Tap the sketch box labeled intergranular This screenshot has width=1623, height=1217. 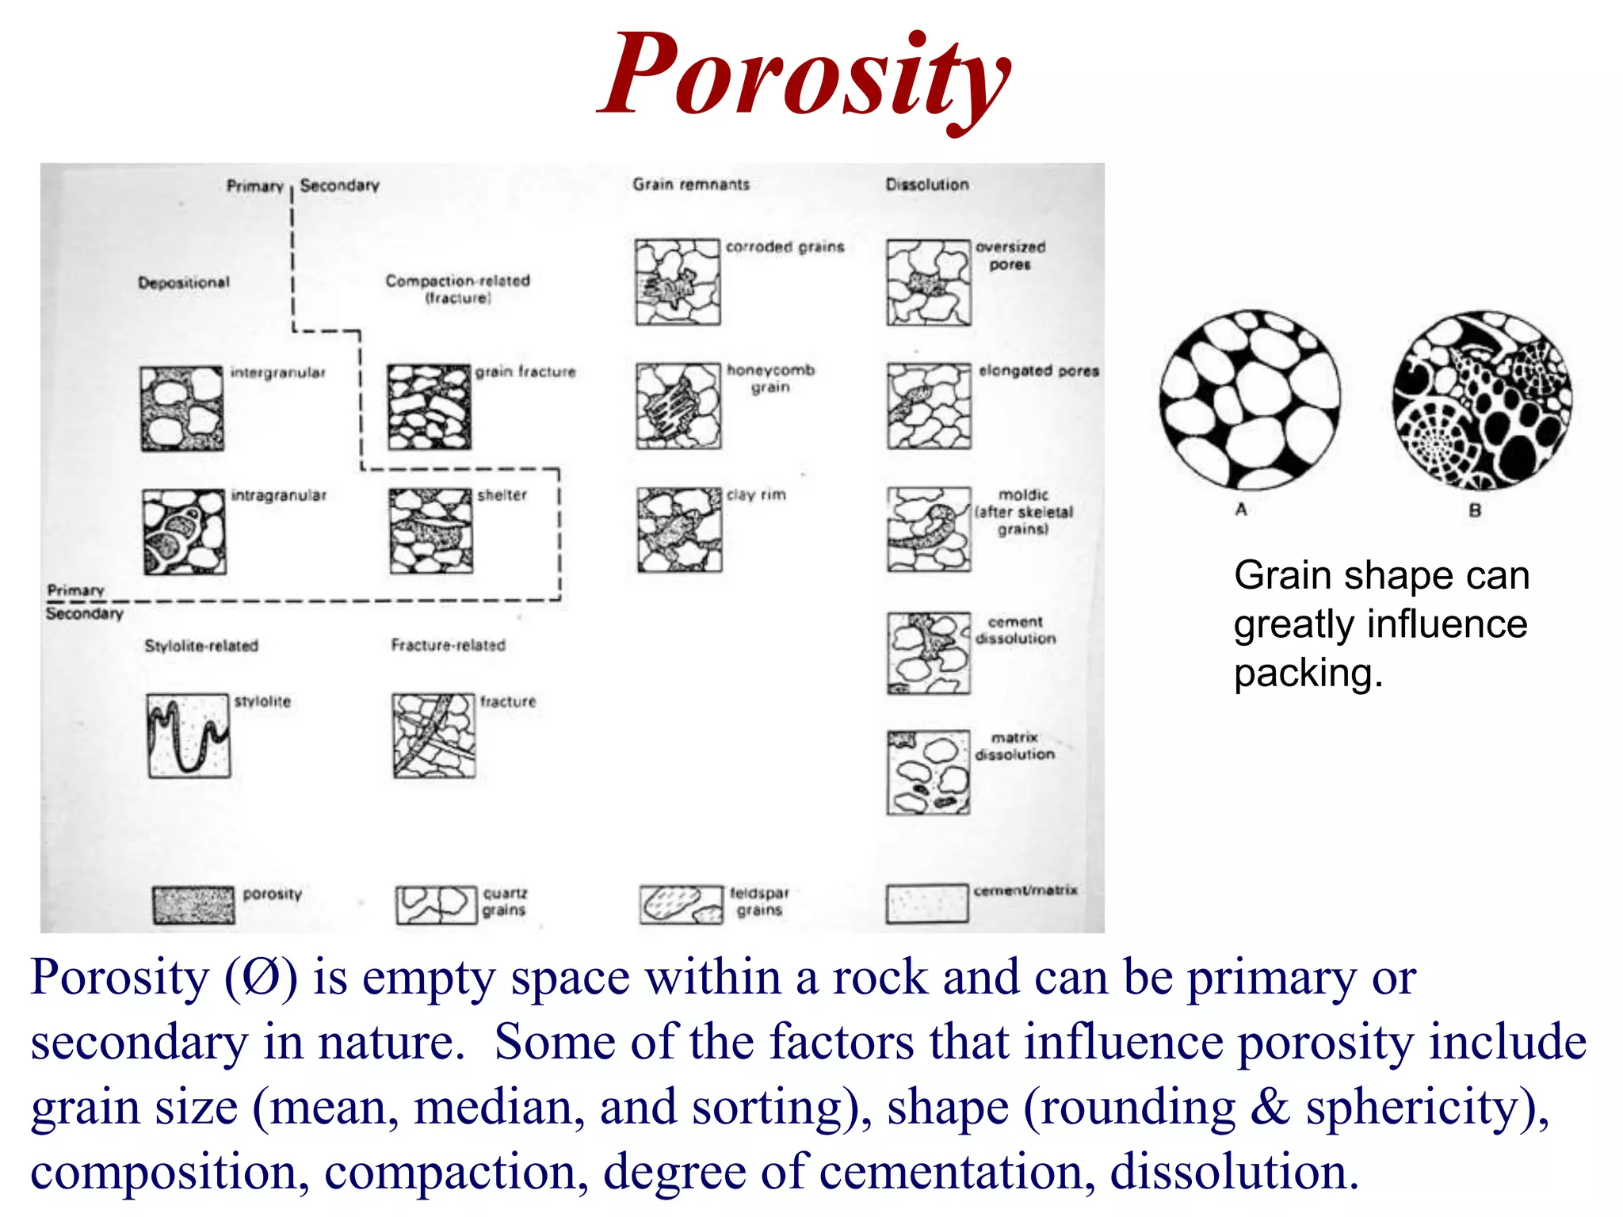tap(182, 408)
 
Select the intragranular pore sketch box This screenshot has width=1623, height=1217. tap(185, 532)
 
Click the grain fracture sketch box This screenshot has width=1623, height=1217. tap(430, 407)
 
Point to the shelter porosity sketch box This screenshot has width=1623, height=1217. tap(431, 531)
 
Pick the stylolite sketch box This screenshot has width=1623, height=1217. tap(189, 736)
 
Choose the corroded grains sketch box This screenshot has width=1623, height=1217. tap(678, 282)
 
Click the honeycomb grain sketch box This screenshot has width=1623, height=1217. tap(678, 406)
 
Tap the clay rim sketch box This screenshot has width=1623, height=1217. tap(680, 530)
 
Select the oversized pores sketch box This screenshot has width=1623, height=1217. tap(929, 283)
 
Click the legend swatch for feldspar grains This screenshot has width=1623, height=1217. tap(682, 905)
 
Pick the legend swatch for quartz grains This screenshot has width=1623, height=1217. tap(436, 905)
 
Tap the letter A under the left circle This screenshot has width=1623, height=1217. tap(1241, 509)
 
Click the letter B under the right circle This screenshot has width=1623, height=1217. tap(1475, 510)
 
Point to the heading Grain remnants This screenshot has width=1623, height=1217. tap(690, 185)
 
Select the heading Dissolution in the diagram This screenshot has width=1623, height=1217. tap(927, 185)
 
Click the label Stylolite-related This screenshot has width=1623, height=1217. tap(201, 646)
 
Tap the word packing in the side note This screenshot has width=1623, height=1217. tap(1308, 673)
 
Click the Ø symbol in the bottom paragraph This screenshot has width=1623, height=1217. tap(261, 978)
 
